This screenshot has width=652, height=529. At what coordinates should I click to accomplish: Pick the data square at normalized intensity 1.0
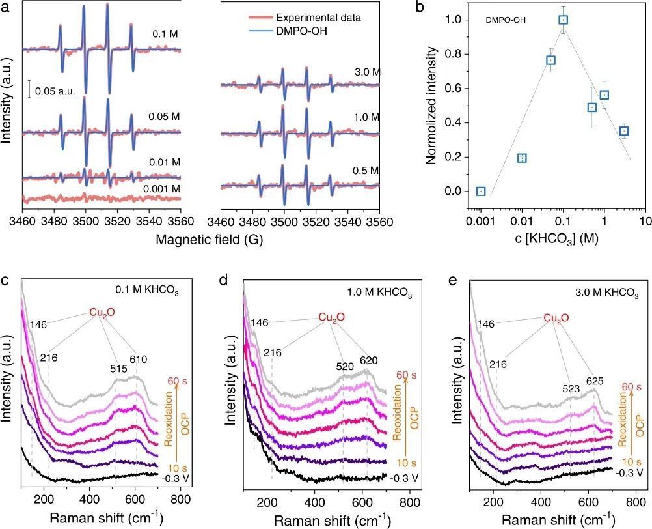click(x=563, y=20)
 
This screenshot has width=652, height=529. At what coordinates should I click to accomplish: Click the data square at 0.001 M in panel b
click(x=480, y=191)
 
